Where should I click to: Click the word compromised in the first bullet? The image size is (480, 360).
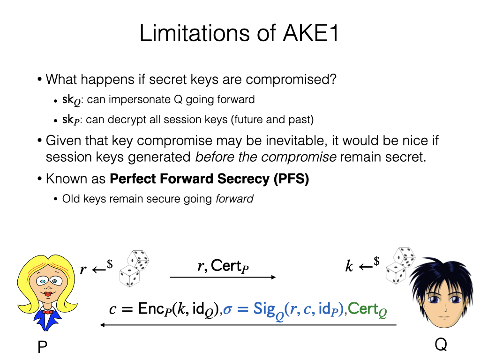point(291,79)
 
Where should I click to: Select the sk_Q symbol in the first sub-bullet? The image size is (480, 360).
point(71,100)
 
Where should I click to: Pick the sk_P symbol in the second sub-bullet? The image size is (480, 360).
point(71,120)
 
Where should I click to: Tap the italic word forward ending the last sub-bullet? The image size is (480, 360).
point(234,199)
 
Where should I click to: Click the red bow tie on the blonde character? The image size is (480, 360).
point(47,312)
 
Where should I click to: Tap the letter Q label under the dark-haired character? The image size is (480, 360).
point(441,345)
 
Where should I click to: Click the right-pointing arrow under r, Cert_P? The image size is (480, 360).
point(223,277)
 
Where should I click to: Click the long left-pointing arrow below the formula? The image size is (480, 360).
point(248,325)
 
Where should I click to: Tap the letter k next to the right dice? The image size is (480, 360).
point(349,267)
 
